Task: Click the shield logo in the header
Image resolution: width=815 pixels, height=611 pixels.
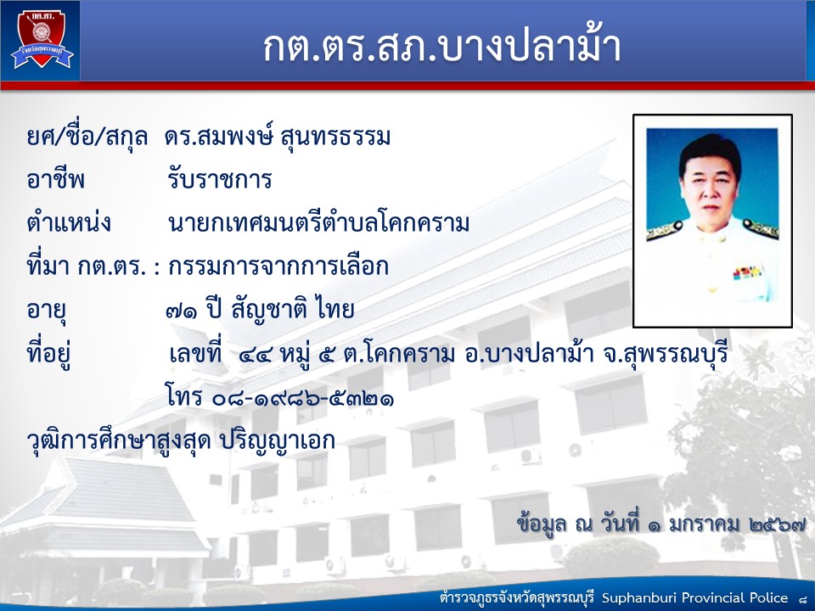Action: (x=42, y=40)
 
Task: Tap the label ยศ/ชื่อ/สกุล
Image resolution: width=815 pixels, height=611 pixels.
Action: (x=87, y=137)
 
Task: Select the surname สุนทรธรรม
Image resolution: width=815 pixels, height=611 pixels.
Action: (x=335, y=137)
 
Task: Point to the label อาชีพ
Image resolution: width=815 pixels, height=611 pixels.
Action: (x=56, y=180)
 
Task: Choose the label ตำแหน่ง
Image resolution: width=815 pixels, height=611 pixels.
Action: (x=69, y=222)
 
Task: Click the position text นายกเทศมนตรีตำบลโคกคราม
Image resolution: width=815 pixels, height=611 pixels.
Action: (x=319, y=223)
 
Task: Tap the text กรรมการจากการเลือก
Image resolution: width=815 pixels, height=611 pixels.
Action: (x=278, y=266)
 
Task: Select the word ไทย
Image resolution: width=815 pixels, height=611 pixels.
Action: (x=334, y=310)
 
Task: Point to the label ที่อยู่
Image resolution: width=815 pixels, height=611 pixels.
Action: (x=49, y=353)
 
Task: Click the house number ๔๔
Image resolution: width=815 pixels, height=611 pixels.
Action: (x=256, y=356)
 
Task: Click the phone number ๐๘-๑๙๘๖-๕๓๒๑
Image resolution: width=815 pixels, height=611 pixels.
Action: (x=303, y=399)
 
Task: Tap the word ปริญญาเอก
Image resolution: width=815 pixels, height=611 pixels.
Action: (x=278, y=441)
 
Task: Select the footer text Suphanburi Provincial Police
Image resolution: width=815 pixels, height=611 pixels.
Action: (x=695, y=598)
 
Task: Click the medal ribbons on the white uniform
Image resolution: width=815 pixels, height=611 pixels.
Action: (x=747, y=272)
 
